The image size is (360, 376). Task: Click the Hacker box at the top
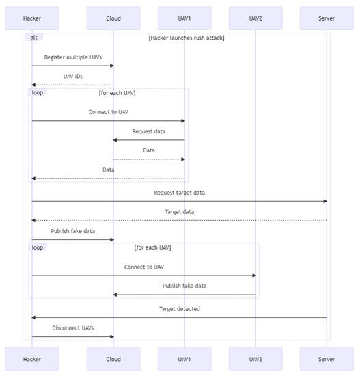coord(31,18)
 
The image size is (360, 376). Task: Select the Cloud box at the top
coord(113,18)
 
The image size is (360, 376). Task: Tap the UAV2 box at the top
coord(255,18)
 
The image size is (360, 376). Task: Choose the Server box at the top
coord(327,18)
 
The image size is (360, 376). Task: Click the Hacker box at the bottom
coord(31,358)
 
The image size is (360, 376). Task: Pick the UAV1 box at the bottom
coord(184,358)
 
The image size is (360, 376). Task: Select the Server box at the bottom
coord(327,358)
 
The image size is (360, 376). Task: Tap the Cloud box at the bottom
coord(113,358)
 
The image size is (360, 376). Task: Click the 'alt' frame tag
coord(34,38)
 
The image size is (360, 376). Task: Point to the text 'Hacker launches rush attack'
coord(186,38)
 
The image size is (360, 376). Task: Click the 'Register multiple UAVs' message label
coord(72,57)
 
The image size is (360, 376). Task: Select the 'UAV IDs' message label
coord(72,77)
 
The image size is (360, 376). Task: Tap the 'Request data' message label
coord(149,131)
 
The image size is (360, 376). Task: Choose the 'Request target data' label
coord(179,193)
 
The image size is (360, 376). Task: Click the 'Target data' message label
coord(179,212)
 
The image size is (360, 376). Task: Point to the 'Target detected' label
coord(179,309)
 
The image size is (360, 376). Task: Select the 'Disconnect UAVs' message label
coord(72,328)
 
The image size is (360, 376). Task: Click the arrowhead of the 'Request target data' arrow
coord(324,201)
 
